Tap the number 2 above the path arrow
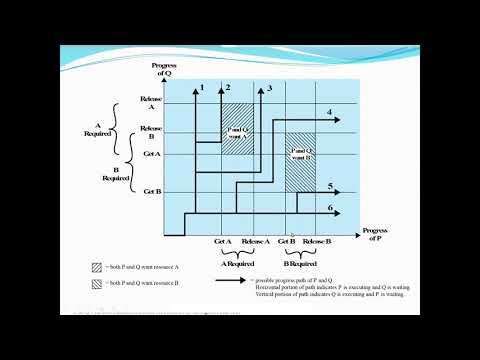(228, 89)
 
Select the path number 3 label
(269, 89)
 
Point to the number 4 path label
(329, 112)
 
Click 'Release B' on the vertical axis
(151, 132)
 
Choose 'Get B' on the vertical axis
(152, 190)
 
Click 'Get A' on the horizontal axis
(223, 242)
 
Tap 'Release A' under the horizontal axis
(255, 242)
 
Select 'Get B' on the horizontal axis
(286, 242)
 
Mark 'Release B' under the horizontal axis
(316, 242)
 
